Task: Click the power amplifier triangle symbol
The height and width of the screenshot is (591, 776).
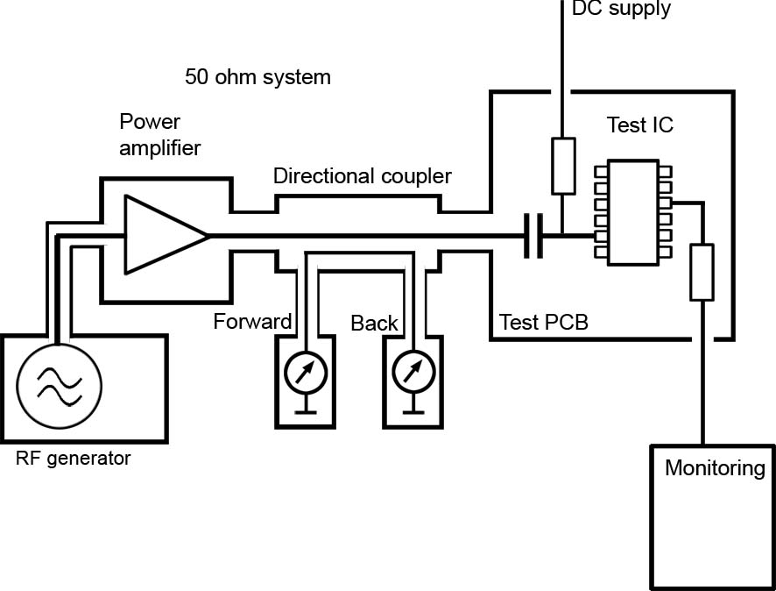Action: coord(162,235)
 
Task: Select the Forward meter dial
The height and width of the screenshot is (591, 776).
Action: coord(306,372)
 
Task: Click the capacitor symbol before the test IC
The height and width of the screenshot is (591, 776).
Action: coord(533,235)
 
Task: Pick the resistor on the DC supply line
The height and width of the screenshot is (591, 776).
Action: coord(562,165)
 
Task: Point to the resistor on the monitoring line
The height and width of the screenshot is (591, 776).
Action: coord(702,273)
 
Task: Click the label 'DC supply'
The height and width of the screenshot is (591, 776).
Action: coord(621,10)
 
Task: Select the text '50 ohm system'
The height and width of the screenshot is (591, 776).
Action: coord(258,77)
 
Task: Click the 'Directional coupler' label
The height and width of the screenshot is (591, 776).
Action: coord(363,176)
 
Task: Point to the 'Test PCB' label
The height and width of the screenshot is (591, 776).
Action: coord(543,322)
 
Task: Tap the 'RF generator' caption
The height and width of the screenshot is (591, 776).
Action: coord(74,458)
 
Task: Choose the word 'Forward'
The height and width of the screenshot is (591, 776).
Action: coord(252,322)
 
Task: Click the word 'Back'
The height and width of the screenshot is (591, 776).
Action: coord(374,323)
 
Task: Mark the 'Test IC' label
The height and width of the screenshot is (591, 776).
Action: coord(640,125)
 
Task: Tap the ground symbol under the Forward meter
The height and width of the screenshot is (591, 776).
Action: coord(306,408)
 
